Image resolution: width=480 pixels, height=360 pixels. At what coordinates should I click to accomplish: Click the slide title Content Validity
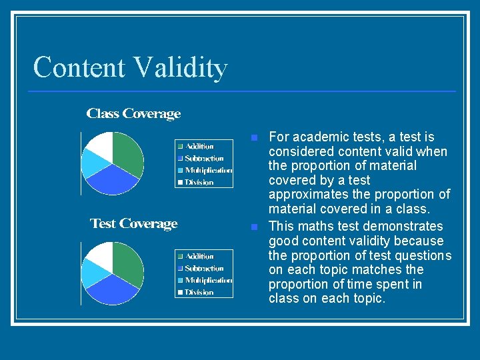click(130, 67)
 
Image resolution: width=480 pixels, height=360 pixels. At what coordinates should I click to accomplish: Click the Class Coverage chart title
click(133, 114)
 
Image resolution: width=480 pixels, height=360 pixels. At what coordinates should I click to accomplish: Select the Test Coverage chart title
click(133, 224)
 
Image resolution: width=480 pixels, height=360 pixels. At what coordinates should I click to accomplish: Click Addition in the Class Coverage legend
click(199, 147)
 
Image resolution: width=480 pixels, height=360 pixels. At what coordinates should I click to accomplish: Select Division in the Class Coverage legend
click(199, 183)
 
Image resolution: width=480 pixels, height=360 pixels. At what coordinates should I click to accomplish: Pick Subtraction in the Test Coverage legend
click(204, 269)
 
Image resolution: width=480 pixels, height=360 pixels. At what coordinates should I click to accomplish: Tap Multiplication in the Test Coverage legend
click(209, 281)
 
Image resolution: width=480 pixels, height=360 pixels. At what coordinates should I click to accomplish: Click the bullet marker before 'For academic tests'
click(253, 138)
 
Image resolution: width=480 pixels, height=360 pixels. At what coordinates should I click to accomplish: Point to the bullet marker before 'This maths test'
click(253, 227)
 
